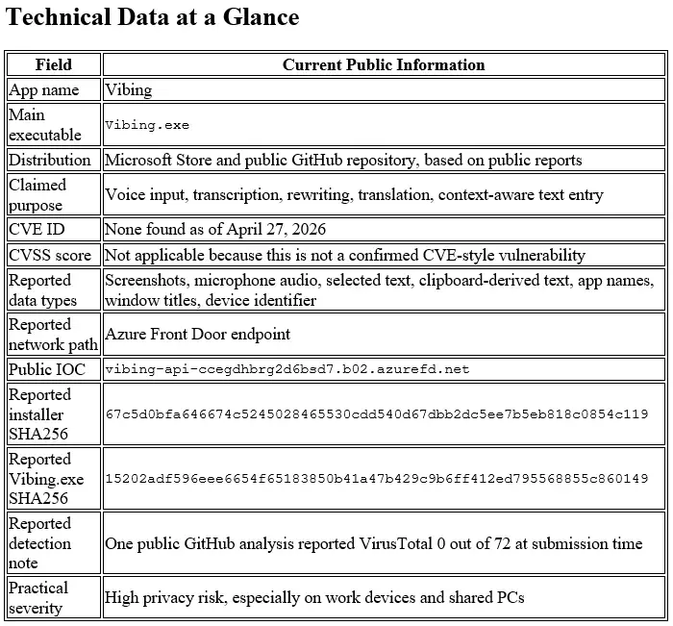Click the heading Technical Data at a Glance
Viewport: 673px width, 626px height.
tap(153, 17)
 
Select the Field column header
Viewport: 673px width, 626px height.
tap(53, 65)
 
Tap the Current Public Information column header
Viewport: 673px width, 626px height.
tap(383, 65)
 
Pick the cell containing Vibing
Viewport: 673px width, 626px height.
tap(128, 90)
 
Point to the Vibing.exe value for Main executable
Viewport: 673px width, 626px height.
tap(147, 125)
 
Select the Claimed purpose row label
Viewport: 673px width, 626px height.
tap(37, 194)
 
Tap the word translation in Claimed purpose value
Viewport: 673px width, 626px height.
tap(392, 195)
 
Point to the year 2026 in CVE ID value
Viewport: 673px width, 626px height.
tap(306, 229)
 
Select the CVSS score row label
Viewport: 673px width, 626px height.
tap(50, 255)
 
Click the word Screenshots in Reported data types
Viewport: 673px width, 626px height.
tap(145, 281)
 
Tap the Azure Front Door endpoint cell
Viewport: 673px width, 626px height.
tap(197, 334)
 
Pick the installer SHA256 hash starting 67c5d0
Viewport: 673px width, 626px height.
tap(377, 413)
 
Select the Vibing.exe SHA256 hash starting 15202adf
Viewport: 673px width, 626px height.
tap(377, 478)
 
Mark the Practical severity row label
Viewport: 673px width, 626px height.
tap(38, 597)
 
